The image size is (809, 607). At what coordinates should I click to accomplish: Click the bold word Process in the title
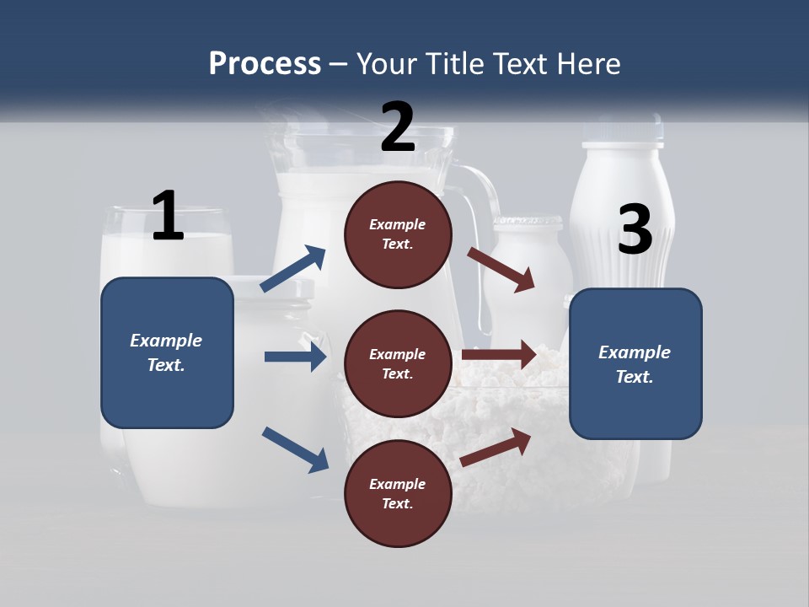point(265,64)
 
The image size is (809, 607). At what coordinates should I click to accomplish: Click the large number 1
point(168,216)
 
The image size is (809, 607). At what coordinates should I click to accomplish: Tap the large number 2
point(398,126)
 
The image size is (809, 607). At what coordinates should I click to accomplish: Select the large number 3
point(635,230)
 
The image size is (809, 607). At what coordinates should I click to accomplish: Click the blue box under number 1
point(167,352)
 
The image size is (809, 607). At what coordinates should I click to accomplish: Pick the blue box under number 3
point(635,364)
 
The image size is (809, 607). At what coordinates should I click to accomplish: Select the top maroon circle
point(398,234)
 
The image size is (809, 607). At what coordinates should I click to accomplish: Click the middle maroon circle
point(398,364)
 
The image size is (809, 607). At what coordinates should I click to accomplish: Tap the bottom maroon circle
point(398,494)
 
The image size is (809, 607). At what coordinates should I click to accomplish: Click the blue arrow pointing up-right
point(293,269)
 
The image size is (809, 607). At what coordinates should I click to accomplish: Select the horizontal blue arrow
point(295,357)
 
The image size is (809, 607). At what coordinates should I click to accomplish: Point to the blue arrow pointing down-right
point(295,449)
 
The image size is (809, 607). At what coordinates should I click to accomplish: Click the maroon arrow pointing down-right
point(501,270)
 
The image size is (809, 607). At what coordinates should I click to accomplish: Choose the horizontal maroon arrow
point(499,355)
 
